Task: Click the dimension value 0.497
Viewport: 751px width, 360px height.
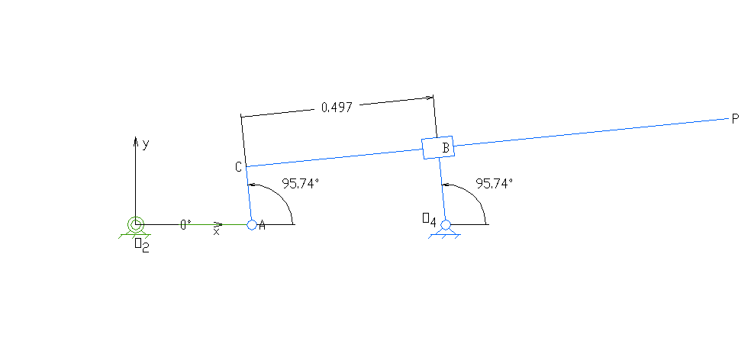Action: pos(337,108)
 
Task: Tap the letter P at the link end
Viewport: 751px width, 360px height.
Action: pos(736,119)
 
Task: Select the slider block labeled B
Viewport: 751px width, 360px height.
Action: pos(437,148)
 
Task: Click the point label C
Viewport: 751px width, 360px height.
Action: pos(238,167)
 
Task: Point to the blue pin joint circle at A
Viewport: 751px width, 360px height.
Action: pos(252,224)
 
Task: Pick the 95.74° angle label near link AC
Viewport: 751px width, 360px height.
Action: pos(300,184)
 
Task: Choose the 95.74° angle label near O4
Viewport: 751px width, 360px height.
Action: pos(495,183)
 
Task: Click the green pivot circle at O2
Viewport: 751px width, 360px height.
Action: pos(136,223)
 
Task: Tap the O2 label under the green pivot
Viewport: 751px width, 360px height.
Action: pos(141,245)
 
